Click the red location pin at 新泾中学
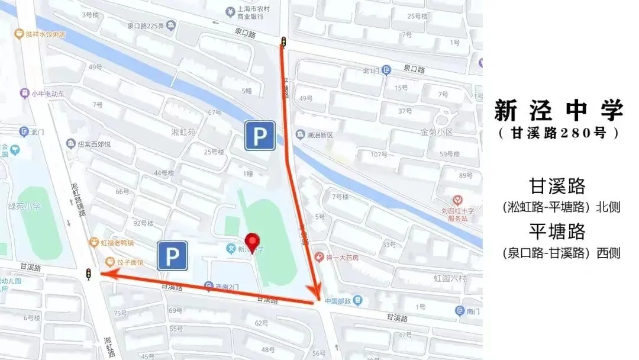(253, 242)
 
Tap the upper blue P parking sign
(260, 136)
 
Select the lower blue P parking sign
(172, 256)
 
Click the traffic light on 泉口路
(283, 42)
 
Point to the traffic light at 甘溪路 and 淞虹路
(89, 274)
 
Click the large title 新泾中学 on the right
(559, 111)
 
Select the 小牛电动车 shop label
(47, 93)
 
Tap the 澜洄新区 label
(319, 135)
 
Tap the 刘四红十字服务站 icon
(457, 201)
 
